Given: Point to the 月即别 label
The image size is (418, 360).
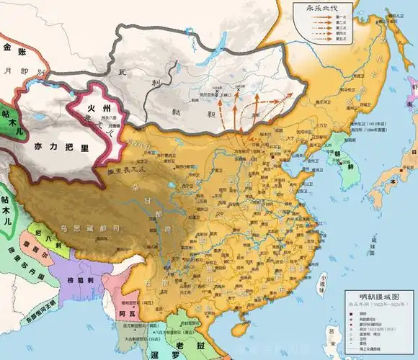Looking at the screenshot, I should (29, 73).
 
